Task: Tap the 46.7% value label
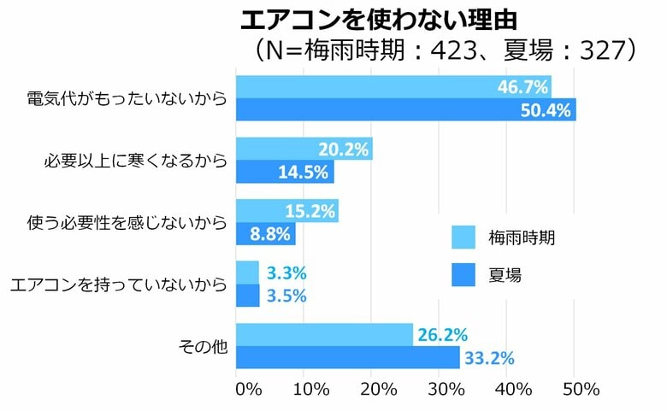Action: click(x=522, y=86)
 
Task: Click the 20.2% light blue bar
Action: click(x=303, y=149)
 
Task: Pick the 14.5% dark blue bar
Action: click(x=284, y=172)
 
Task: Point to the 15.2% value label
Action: click(x=310, y=210)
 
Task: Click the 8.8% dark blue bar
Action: click(x=265, y=233)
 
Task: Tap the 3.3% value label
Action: click(x=286, y=273)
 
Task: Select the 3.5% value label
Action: click(x=286, y=296)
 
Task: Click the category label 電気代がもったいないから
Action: click(x=127, y=99)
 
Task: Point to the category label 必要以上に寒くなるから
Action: click(x=135, y=161)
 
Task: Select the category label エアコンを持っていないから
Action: click(x=118, y=285)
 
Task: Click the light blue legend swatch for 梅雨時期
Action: click(x=463, y=237)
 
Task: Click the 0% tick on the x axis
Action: click(x=247, y=390)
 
